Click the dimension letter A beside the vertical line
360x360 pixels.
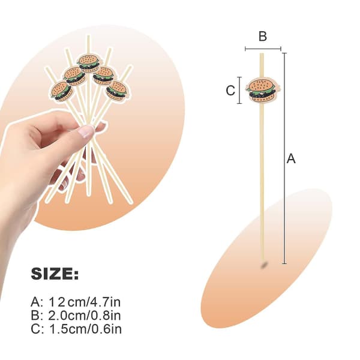click(x=291, y=158)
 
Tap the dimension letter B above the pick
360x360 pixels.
click(x=263, y=36)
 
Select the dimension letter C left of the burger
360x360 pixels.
click(x=230, y=90)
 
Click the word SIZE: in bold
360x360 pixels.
click(x=55, y=274)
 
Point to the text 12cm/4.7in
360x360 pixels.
click(x=85, y=302)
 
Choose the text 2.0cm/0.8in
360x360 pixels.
click(x=85, y=316)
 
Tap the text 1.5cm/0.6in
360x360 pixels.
click(x=85, y=329)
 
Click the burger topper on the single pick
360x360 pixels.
click(x=263, y=90)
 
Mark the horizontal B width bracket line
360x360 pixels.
click(x=263, y=49)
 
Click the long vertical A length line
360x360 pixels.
click(x=284, y=158)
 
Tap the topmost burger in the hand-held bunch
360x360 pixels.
click(x=89, y=62)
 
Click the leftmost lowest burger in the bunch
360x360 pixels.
click(x=61, y=91)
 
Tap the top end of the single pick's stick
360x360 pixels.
click(x=262, y=53)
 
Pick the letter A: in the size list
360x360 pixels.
click(x=37, y=302)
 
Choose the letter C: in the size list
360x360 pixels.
click(x=37, y=329)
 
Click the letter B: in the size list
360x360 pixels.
click(x=37, y=316)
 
